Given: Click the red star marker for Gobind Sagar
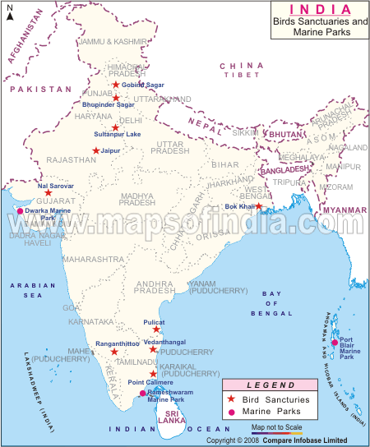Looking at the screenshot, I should click(116, 85).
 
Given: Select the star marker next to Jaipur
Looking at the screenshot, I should click(96, 150).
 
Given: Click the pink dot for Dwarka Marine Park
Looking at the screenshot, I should click(21, 211).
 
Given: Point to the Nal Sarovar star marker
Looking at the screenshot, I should click(49, 194).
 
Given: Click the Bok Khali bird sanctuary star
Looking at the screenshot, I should click(258, 206).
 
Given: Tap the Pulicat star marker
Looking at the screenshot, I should click(156, 329).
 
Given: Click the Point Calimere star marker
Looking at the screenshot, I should click(153, 373).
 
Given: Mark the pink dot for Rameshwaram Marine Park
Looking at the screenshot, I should click(142, 393).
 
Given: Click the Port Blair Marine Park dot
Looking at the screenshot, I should click(335, 343).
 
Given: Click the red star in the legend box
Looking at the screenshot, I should click(232, 399).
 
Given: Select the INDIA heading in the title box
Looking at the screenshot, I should click(317, 8).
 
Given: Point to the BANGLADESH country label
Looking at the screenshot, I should click(284, 169).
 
